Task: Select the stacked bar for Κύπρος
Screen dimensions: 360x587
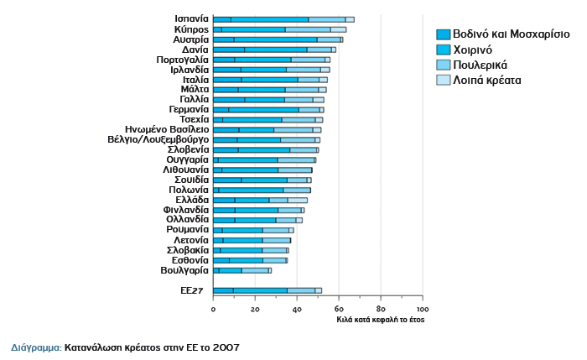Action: [x=279, y=29]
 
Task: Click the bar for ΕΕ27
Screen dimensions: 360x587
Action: [x=268, y=290]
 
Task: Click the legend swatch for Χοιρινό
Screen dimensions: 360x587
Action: [x=444, y=50]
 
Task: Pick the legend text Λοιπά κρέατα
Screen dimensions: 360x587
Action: [x=487, y=81]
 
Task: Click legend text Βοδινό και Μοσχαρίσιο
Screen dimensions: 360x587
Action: [x=512, y=35]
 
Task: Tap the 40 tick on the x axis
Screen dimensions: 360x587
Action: [x=297, y=309]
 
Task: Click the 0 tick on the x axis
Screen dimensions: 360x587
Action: [x=214, y=309]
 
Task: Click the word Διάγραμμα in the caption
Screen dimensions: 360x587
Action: [x=34, y=346]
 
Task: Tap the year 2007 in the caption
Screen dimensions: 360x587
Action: [x=231, y=346]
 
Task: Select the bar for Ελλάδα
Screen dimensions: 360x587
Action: [x=260, y=200]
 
